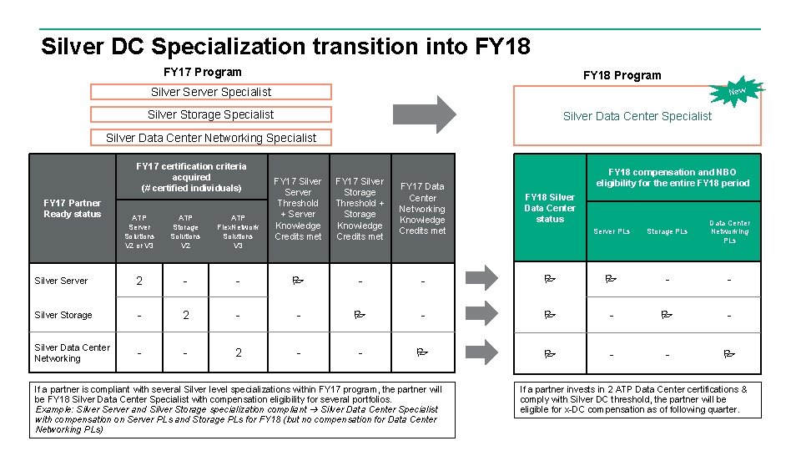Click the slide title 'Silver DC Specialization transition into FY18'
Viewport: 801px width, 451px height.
tap(285, 45)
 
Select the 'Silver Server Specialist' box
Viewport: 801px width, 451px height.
tap(210, 92)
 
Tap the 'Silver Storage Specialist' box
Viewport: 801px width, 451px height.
tap(210, 114)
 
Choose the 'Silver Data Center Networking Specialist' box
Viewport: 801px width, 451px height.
tap(210, 138)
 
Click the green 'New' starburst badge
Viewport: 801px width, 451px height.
tap(737, 90)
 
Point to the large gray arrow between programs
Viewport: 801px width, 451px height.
tap(436, 114)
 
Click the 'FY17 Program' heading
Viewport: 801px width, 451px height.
tap(203, 72)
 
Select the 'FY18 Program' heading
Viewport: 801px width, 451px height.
tap(622, 75)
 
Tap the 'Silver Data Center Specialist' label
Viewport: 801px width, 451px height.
tap(637, 116)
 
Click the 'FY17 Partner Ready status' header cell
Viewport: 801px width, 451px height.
tap(72, 208)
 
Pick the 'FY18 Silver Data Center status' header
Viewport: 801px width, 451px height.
tap(550, 208)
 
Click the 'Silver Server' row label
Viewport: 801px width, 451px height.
tap(61, 281)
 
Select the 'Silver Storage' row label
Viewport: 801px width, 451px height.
tap(63, 315)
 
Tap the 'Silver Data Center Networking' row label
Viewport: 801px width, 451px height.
tap(72, 352)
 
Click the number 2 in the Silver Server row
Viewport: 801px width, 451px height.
tap(139, 281)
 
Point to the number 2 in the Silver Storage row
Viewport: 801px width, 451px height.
tap(186, 315)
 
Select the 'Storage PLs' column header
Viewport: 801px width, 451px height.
tap(667, 231)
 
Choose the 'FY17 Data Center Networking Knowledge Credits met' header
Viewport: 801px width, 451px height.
tap(422, 208)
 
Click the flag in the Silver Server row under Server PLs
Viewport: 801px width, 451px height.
tap(611, 280)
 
